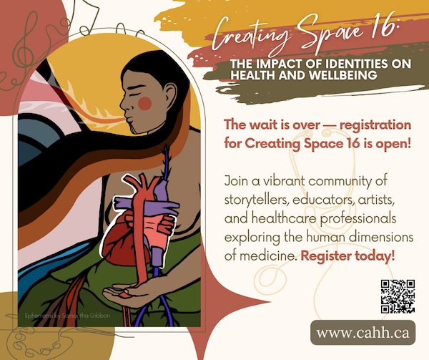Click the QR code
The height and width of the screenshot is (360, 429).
pyautogui.click(x=398, y=296)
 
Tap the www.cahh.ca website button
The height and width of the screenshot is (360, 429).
pyautogui.click(x=363, y=333)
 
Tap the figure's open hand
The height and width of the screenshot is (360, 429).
pyautogui.click(x=128, y=291)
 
